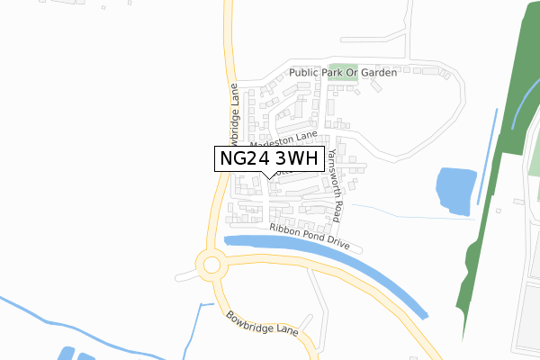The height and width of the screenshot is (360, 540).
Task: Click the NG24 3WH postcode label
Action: pos(269,158)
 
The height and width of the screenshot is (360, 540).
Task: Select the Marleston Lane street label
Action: pos(284,139)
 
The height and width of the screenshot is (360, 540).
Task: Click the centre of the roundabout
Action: pos(212,265)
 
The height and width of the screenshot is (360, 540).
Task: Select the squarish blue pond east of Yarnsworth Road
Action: pos(454,191)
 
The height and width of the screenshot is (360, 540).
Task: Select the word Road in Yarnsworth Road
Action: pos(337,209)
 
